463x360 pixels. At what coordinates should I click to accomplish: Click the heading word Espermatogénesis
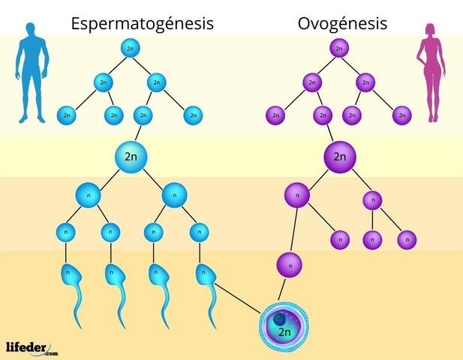[x=143, y=23]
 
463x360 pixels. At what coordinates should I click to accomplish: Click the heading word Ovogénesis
[x=342, y=23]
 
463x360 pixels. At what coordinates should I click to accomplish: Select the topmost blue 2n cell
[x=132, y=49]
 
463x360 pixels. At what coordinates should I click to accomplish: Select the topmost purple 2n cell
[x=338, y=49]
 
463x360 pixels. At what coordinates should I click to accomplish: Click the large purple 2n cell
[x=340, y=157]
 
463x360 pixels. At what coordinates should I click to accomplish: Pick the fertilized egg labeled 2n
[x=284, y=328]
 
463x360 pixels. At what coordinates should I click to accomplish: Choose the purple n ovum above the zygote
[x=290, y=264]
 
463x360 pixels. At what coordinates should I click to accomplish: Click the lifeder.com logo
[x=31, y=347]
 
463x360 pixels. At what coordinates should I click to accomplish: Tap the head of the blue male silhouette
[x=31, y=30]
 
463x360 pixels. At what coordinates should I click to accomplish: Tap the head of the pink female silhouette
[x=432, y=30]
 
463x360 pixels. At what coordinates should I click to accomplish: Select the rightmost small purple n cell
[x=407, y=240]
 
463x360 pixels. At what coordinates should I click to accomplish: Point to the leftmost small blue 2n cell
[x=68, y=115]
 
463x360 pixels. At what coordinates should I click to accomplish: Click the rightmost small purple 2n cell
[x=404, y=115]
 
